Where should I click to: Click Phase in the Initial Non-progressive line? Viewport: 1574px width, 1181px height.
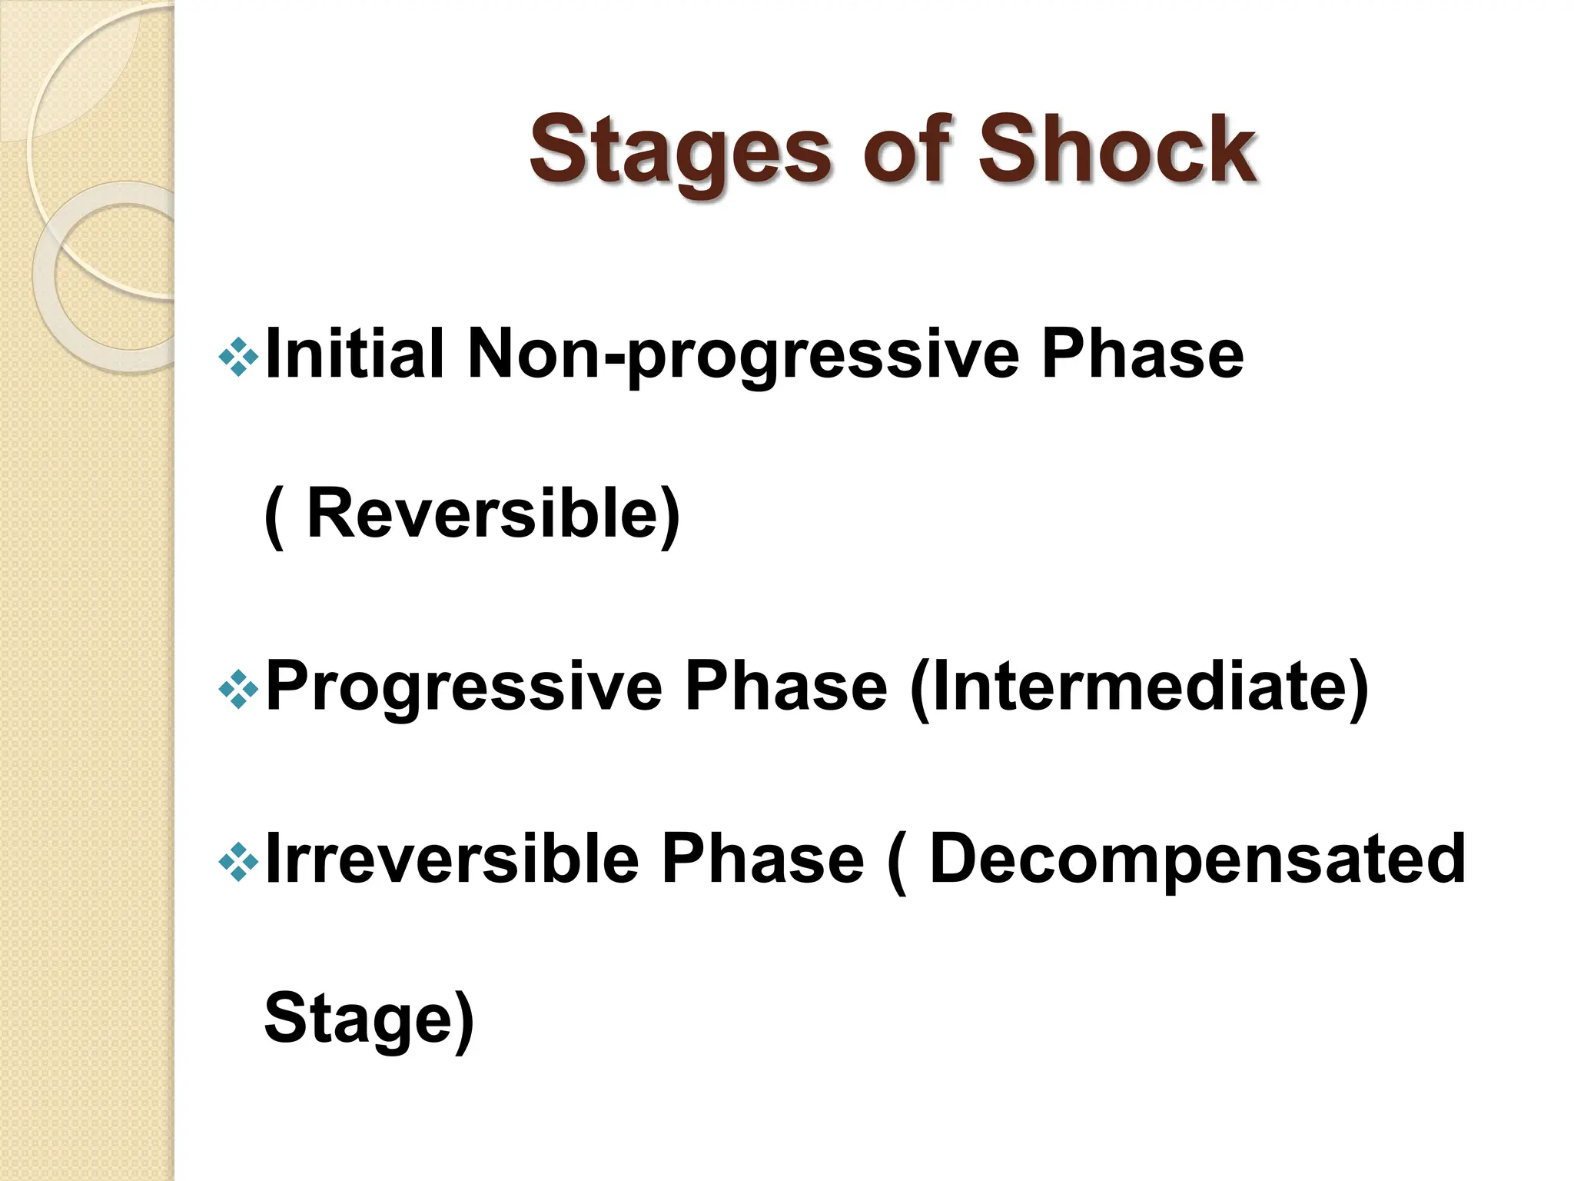click(1142, 354)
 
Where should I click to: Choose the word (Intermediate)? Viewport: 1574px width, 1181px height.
click(1138, 687)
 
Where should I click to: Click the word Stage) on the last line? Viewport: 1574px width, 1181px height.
click(369, 1020)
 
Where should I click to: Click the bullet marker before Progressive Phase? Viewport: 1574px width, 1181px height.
click(238, 687)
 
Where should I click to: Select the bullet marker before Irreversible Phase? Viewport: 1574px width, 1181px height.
click(238, 860)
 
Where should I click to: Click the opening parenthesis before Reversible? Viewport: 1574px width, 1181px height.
click(274, 515)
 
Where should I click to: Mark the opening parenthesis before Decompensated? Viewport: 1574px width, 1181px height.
click(896, 861)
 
